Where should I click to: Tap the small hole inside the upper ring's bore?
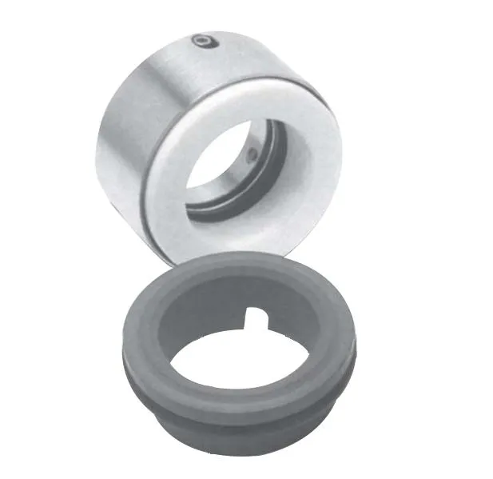pyautogui.click(x=253, y=154)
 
